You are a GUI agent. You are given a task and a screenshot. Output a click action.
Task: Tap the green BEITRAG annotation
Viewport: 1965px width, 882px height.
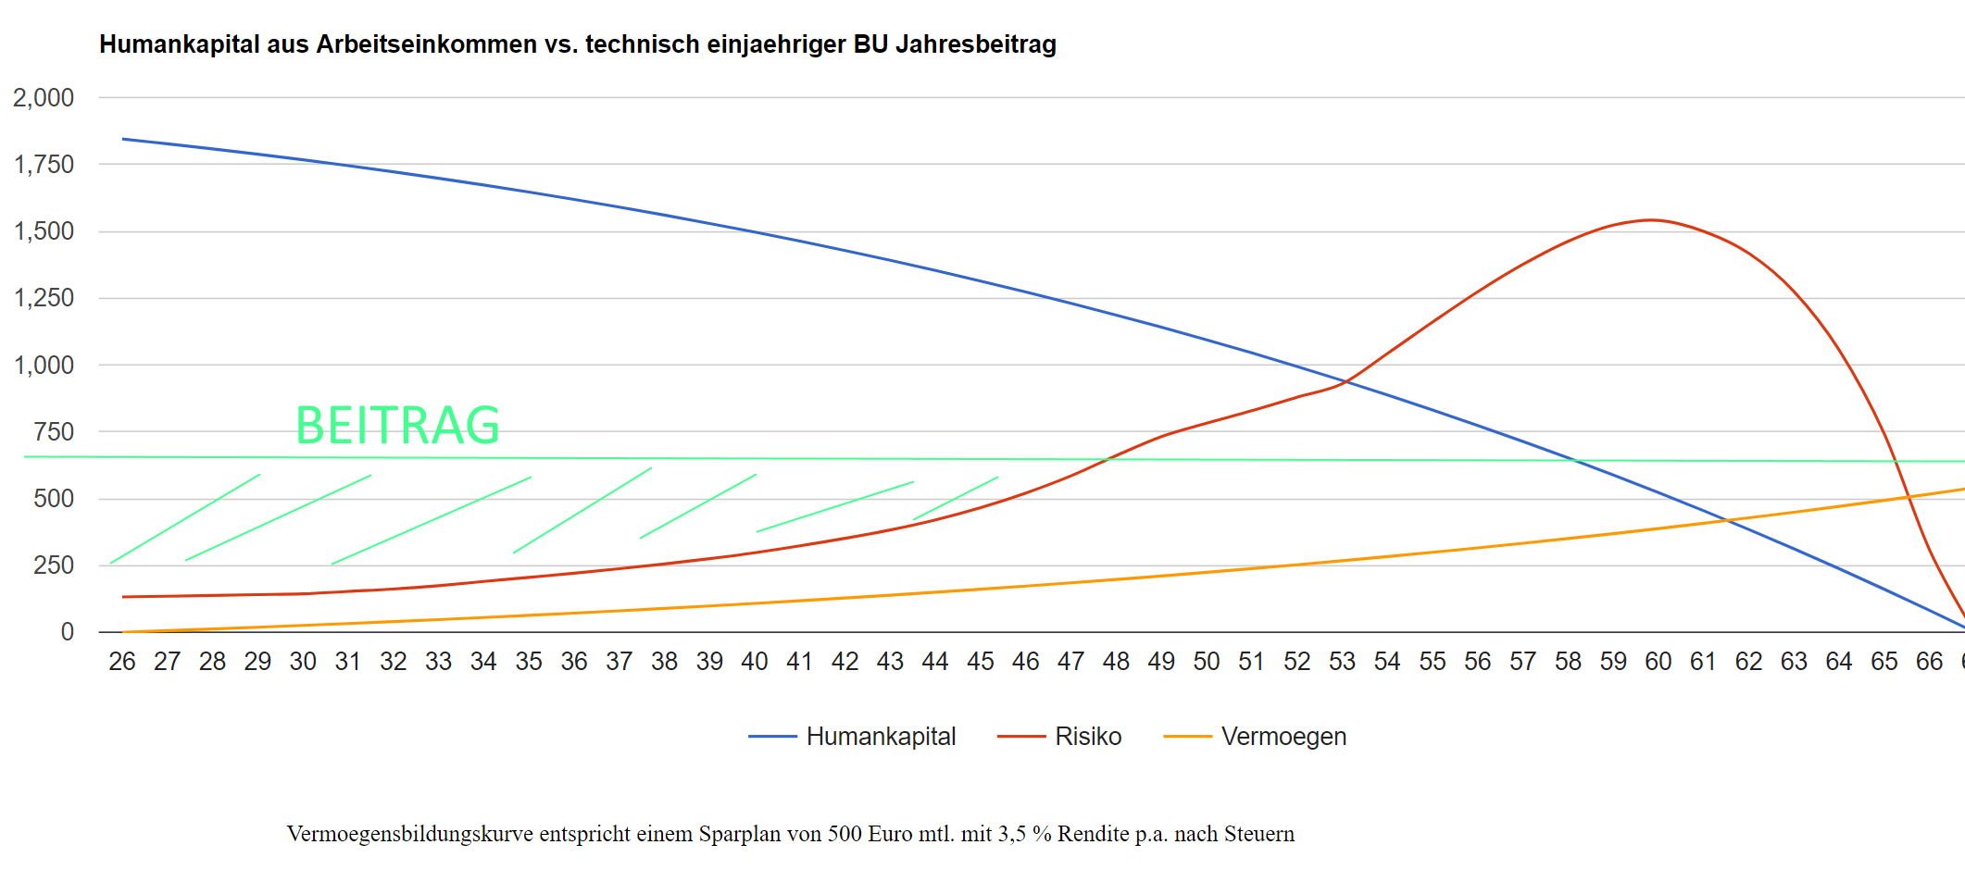coord(397,426)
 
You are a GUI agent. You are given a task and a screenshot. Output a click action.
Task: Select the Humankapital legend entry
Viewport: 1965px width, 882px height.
coord(880,737)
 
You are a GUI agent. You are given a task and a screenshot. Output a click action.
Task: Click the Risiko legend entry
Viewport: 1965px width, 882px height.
coord(1087,737)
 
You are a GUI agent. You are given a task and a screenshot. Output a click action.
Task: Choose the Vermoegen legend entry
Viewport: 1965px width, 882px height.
coord(1283,737)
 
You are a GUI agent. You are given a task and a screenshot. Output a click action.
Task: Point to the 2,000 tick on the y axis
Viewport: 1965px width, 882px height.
coord(44,97)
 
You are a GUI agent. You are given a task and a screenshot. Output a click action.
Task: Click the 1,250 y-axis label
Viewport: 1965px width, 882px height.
coord(44,298)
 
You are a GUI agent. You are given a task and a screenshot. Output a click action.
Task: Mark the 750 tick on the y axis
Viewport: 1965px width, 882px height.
coord(54,432)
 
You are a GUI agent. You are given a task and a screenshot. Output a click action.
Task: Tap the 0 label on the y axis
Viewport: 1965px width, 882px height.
coord(68,632)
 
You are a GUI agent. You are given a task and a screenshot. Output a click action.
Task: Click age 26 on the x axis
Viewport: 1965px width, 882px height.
coord(122,662)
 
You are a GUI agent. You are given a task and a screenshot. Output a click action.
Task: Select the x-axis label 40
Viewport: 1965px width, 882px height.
coord(755,662)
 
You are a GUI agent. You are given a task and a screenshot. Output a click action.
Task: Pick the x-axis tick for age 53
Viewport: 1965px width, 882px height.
coord(1342,662)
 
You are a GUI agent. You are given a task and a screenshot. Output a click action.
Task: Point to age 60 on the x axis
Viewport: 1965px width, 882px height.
coord(1658,662)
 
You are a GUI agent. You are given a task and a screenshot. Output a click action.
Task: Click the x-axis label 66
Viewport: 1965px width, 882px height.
coord(1929,662)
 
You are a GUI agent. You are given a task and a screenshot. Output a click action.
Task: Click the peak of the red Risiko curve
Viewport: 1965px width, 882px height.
coord(1651,219)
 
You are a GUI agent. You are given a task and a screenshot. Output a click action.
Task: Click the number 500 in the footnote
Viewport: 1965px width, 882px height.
coord(845,834)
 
